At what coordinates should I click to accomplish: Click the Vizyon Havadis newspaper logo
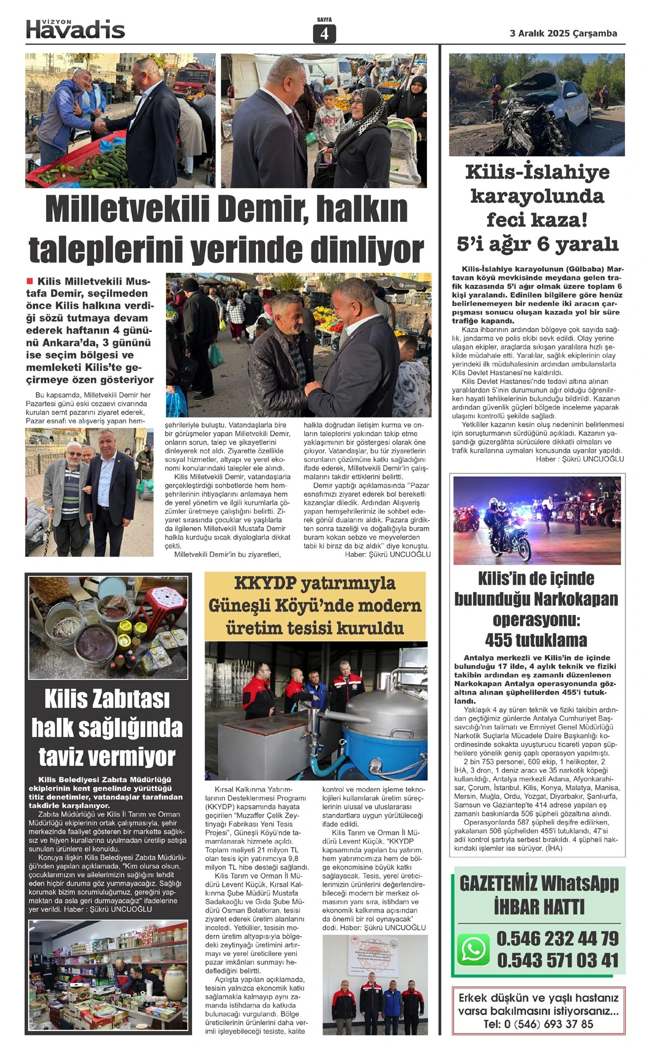coord(75,29)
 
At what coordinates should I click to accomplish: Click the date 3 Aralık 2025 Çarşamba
coord(563,34)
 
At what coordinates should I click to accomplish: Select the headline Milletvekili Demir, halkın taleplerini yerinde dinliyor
coord(226,229)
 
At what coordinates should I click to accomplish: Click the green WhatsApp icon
coord(473,949)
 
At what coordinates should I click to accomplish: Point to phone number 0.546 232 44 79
coord(557,938)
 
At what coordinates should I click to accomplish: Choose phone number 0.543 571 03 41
coord(558,960)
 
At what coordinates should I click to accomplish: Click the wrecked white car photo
coord(537,105)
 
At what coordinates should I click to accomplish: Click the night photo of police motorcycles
coord(537,520)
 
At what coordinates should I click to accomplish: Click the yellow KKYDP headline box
coord(315,605)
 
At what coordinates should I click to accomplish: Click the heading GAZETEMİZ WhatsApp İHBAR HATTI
coord(539,895)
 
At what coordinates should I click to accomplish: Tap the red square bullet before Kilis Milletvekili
coord(30,281)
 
